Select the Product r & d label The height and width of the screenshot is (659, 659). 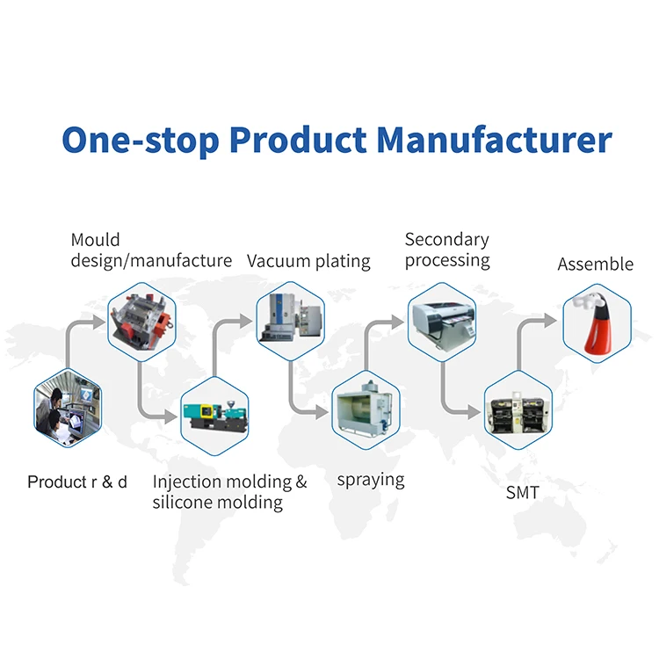click(x=77, y=482)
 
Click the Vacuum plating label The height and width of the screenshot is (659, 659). click(x=308, y=261)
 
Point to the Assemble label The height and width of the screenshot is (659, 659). click(x=595, y=264)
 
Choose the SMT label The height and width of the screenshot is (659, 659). click(x=522, y=493)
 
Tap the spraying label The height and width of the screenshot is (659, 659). click(x=371, y=480)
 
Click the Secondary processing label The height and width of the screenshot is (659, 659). click(x=446, y=250)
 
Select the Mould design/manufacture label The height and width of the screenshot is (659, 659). click(x=151, y=250)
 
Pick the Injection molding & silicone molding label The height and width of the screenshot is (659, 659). click(x=229, y=492)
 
